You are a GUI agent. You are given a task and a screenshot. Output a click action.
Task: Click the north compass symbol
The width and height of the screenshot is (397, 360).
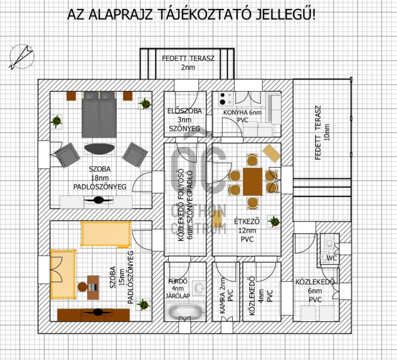21,57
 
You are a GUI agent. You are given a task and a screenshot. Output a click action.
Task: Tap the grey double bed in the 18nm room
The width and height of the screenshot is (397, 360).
99,115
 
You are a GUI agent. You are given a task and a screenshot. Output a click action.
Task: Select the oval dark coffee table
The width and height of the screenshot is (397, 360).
99,149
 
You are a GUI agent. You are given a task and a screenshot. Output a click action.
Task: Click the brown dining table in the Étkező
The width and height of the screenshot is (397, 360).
253,181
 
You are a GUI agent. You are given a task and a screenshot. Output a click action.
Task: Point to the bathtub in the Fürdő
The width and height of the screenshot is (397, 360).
185,311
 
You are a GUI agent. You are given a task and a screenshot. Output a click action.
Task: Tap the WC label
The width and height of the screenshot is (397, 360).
331,258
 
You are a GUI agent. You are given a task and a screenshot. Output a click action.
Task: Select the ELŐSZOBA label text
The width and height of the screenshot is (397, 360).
185,111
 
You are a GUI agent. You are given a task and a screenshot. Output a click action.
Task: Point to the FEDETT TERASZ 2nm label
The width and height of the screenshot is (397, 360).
188,63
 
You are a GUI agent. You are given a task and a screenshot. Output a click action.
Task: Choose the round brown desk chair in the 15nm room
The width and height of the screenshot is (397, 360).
82,287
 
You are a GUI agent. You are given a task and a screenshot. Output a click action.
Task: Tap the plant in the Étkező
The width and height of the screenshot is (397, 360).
274,222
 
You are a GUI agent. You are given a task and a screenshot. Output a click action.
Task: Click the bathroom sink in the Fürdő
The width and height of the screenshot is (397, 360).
199,288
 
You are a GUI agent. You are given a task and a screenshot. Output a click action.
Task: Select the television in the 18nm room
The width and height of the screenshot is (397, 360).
98,200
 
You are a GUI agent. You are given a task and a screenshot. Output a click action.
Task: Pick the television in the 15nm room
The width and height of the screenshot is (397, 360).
98,312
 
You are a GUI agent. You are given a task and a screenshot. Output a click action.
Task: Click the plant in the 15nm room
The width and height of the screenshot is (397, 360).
143,304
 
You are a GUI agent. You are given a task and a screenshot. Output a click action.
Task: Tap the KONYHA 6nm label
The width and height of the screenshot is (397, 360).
242,113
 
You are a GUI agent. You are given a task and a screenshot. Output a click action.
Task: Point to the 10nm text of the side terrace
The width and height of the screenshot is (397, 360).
327,132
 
